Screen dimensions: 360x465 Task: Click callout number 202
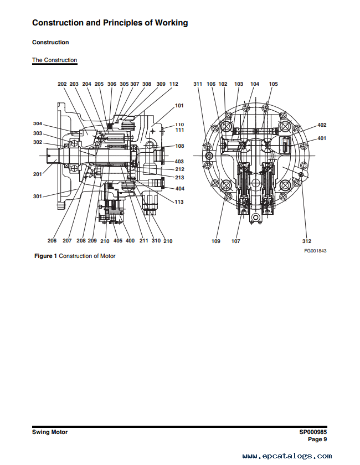pos(62,84)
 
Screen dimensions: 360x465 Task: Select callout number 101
pos(179,106)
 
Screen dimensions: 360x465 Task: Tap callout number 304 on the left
pos(38,123)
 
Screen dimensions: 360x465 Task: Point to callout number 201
pos(38,174)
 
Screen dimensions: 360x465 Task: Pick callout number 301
pos(38,197)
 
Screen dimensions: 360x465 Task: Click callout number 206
pos(52,240)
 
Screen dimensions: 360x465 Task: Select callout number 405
pos(118,240)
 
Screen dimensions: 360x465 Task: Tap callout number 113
pos(179,202)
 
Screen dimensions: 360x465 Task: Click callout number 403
pos(179,162)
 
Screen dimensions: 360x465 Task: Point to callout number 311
pos(198,84)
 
